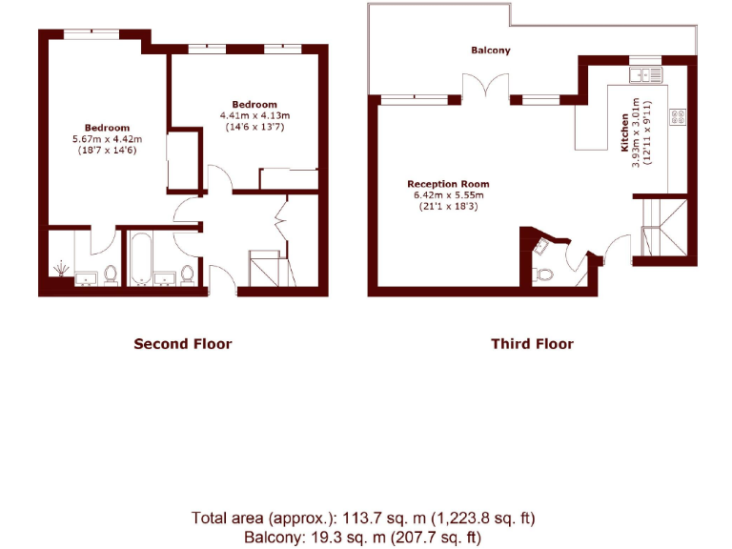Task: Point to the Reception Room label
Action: tap(448, 184)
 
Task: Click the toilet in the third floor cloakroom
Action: tap(544, 274)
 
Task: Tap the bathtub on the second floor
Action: tap(144, 258)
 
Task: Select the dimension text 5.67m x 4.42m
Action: tap(107, 139)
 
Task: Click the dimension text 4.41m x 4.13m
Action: tap(254, 115)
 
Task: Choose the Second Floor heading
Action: tap(182, 343)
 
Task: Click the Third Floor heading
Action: tap(532, 343)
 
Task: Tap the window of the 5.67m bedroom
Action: tap(91, 35)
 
